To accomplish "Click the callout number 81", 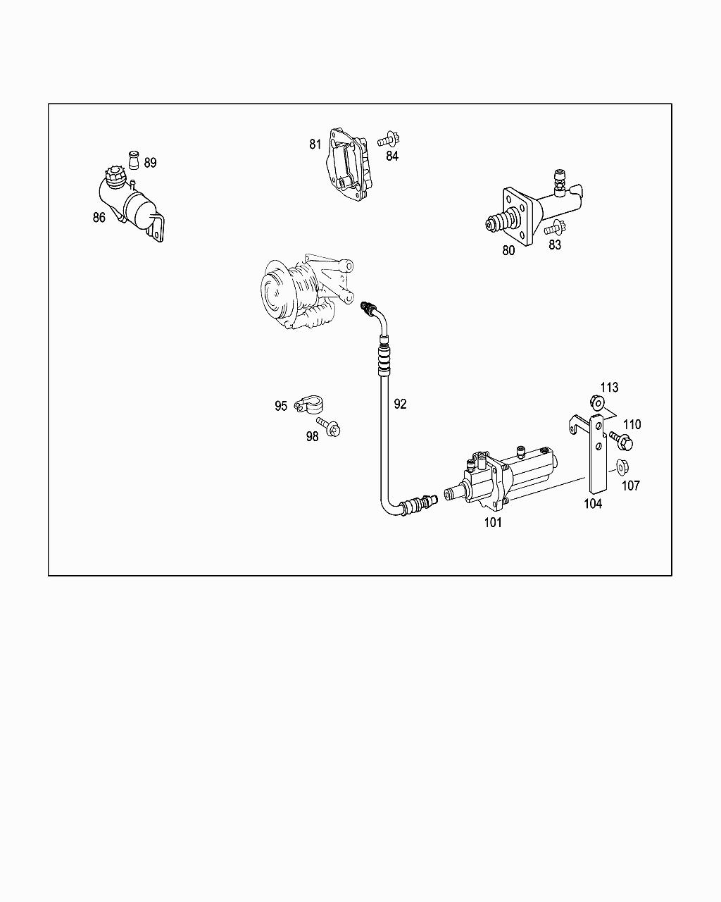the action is pyautogui.click(x=315, y=144).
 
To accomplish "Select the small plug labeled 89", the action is pyautogui.click(x=134, y=160).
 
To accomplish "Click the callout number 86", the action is pyautogui.click(x=99, y=218).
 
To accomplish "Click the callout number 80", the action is pyautogui.click(x=508, y=250).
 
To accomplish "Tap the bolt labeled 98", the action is pyautogui.click(x=329, y=427).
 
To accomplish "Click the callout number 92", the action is pyautogui.click(x=400, y=404).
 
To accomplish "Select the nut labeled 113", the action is pyautogui.click(x=597, y=403).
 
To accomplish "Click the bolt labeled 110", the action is pyautogui.click(x=621, y=441).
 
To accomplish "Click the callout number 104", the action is pyautogui.click(x=593, y=504).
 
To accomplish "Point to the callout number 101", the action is pyautogui.click(x=493, y=523).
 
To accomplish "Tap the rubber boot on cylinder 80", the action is pyautogui.click(x=499, y=221).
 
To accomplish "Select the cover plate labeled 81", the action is pyautogui.click(x=349, y=166).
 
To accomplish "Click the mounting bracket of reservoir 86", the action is pyautogui.click(x=157, y=228).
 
